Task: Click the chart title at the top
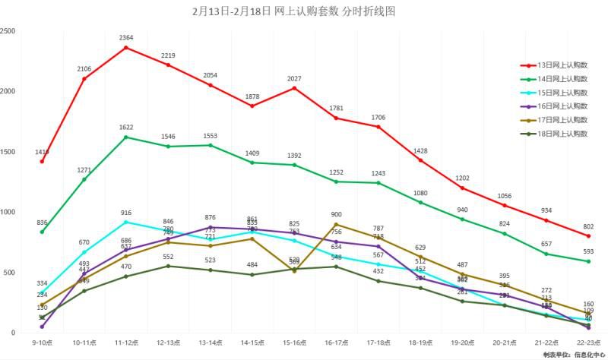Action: coord(294,11)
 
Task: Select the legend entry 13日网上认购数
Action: coord(559,65)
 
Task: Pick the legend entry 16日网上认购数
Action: coord(559,106)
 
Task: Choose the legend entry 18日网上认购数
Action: coord(559,134)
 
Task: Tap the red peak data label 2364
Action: coord(126,37)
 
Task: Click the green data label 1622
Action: coord(126,127)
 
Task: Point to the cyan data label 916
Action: coord(126,213)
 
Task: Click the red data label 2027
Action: coord(294,78)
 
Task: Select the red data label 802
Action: coord(587,226)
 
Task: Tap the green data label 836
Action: coord(42,223)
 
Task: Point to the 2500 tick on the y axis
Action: coord(8,31)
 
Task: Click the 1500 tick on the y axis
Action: coord(8,152)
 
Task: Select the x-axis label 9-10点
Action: coord(42,343)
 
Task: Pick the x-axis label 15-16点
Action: coord(294,343)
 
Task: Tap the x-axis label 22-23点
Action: coord(587,343)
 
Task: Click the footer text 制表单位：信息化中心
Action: coord(573,355)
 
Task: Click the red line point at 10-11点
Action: coord(84,78)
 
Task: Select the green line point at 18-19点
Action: coord(420,202)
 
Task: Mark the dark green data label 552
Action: coord(168,257)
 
